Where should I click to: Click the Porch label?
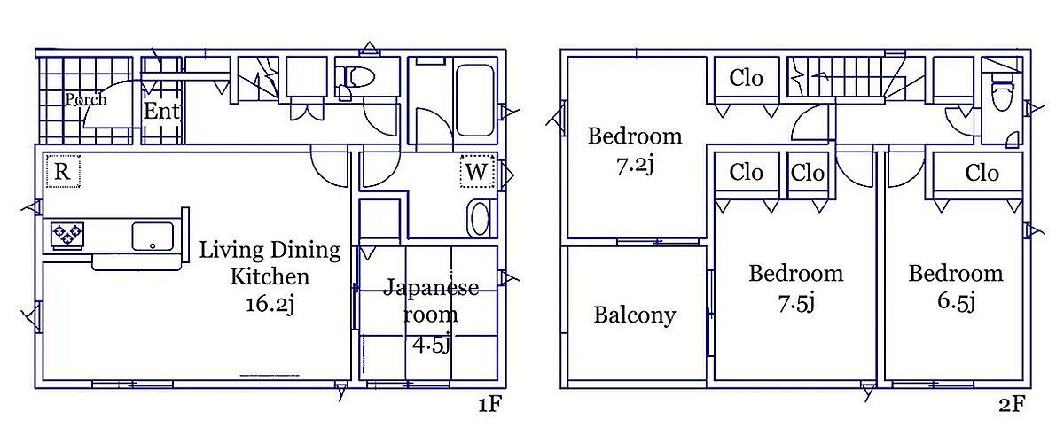click(86, 99)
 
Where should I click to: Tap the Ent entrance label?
click(161, 111)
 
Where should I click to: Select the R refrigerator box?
click(63, 171)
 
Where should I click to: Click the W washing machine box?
click(477, 171)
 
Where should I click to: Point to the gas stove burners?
click(67, 235)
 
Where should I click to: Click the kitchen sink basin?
click(153, 236)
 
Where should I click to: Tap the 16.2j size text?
click(270, 304)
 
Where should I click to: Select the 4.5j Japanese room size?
click(431, 345)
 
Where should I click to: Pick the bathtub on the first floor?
click(474, 101)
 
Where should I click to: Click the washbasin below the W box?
click(480, 219)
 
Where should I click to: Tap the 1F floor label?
click(489, 404)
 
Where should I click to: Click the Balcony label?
click(635, 315)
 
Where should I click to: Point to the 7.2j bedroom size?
click(635, 166)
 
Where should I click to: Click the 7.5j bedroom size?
click(796, 303)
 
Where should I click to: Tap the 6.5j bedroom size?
click(956, 301)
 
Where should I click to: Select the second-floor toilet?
click(1003, 96)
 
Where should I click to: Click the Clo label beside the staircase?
click(747, 78)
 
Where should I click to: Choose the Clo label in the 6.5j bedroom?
click(982, 173)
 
